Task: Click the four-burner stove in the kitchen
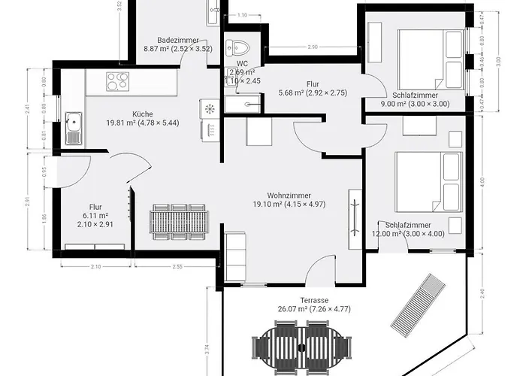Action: (118, 81)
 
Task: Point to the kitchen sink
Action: (74, 128)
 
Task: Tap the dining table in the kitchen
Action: (178, 220)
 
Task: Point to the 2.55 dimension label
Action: (178, 267)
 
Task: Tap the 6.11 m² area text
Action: (95, 214)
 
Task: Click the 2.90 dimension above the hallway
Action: (312, 48)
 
